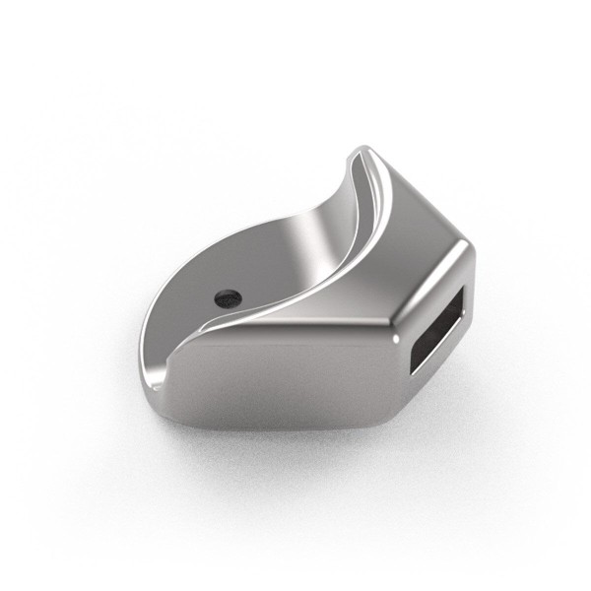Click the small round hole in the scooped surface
tap(228, 295)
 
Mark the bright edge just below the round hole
tap(231, 317)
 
